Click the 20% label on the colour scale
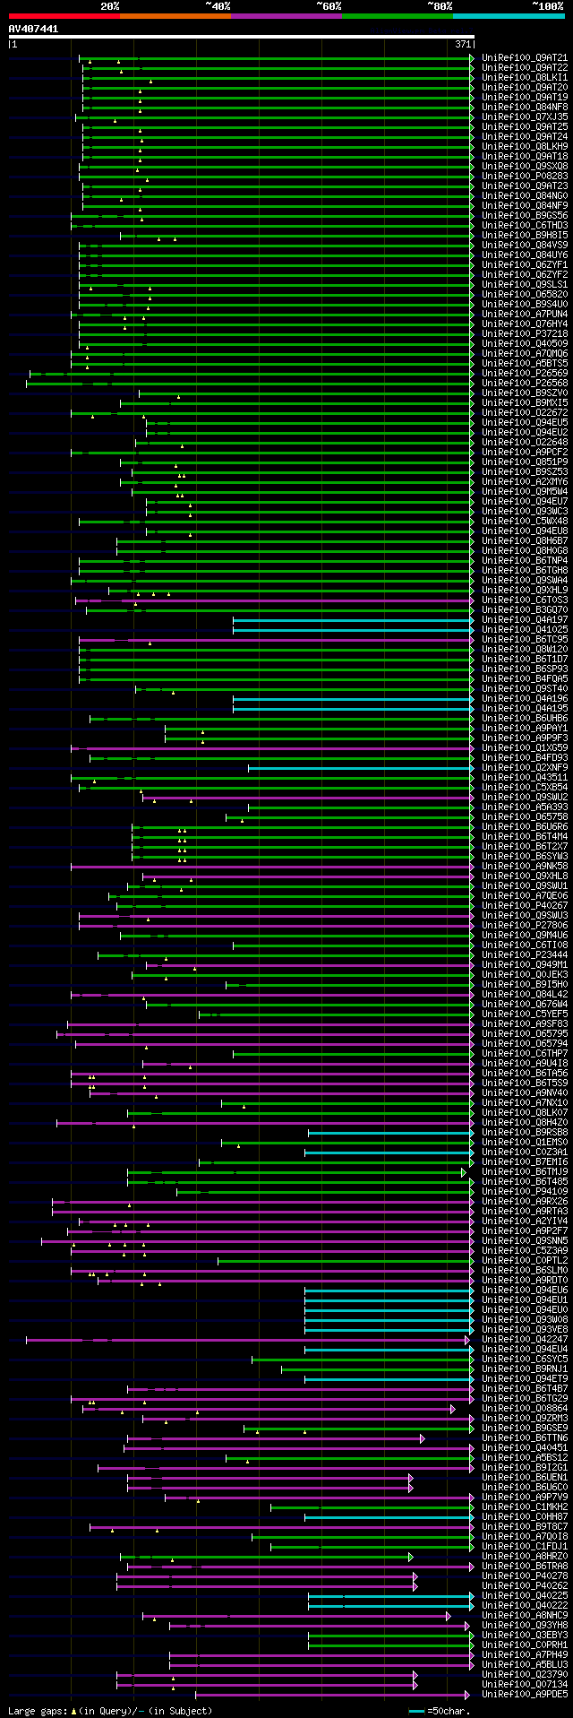click(x=109, y=5)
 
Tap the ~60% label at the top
click(x=329, y=5)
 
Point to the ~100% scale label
click(x=547, y=5)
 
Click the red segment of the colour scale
click(x=64, y=15)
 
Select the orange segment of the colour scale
click(x=175, y=15)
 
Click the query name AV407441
click(x=33, y=29)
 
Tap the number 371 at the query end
click(x=463, y=44)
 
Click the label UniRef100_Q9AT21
click(x=525, y=57)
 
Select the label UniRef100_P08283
click(x=525, y=176)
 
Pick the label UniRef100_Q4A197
click(x=525, y=619)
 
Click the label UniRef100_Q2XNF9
click(x=525, y=767)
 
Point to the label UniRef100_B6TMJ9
click(x=525, y=1171)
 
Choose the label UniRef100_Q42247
click(x=525, y=1339)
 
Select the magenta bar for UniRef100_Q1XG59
click(x=269, y=747)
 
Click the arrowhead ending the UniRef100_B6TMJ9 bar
click(x=464, y=1171)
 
